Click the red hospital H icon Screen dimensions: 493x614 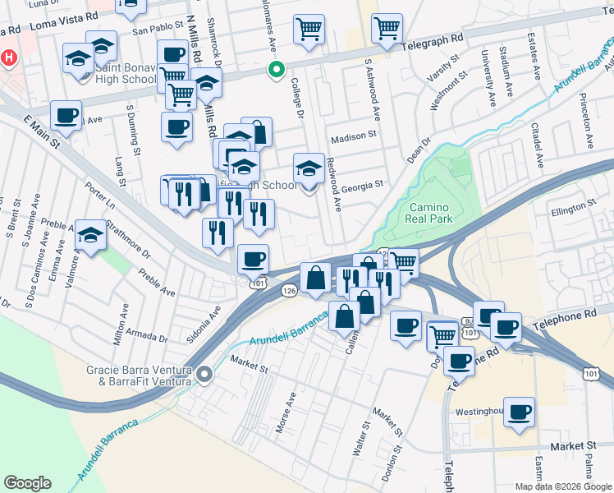[x=9, y=58]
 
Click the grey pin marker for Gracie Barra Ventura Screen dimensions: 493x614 [x=204, y=375]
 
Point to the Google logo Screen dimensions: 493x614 [x=28, y=483]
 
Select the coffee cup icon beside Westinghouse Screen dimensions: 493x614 [x=519, y=412]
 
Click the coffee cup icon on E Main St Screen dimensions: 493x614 [x=66, y=116]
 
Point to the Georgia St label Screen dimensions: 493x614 [x=363, y=185]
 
